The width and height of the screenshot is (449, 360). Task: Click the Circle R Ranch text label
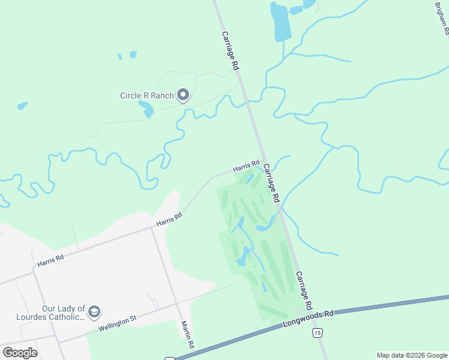147,95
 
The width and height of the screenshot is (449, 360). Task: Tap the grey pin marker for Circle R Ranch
183,95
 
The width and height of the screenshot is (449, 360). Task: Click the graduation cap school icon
94,312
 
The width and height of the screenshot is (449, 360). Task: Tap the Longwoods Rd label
308,320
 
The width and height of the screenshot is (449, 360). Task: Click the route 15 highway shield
318,332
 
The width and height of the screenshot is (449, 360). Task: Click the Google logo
20,353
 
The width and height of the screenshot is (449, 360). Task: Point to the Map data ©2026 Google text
412,355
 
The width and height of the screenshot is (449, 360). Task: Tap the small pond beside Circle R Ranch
146,109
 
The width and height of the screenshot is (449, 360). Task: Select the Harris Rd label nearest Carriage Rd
246,164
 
